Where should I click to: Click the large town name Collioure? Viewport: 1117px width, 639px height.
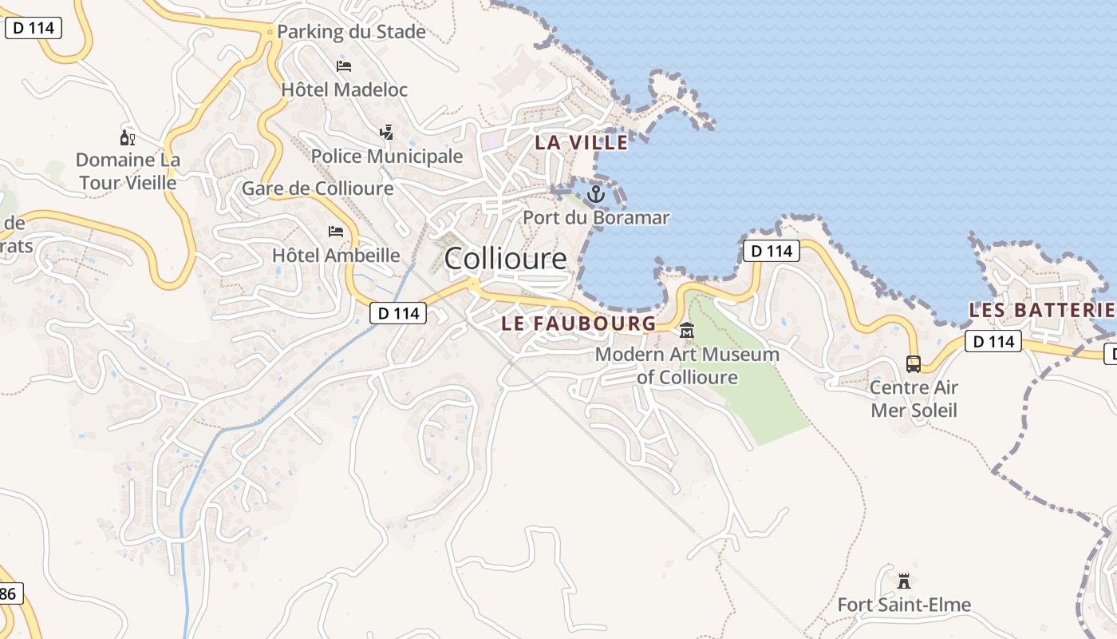tap(505, 259)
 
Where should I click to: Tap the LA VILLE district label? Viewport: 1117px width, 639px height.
tap(581, 143)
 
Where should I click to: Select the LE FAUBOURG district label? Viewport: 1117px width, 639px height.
tap(578, 323)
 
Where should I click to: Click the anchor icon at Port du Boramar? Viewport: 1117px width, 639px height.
tap(596, 194)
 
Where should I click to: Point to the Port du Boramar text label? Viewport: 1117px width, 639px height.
tap(596, 217)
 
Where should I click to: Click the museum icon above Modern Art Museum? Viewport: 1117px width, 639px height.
tap(686, 330)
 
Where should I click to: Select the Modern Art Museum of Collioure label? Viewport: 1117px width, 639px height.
tap(687, 365)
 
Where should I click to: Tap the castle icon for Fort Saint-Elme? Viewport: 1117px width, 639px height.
tap(904, 581)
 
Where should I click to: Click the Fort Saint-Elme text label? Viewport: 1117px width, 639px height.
tap(904, 605)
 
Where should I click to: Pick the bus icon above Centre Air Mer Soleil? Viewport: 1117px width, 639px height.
tap(914, 364)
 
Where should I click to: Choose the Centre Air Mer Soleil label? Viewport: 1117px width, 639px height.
tap(914, 399)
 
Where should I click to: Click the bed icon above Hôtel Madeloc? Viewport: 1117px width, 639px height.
tap(344, 65)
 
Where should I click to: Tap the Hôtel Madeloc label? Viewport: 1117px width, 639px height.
tap(344, 89)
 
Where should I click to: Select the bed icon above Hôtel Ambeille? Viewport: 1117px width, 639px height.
tap(336, 232)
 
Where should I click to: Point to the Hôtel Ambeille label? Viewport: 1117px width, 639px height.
tap(336, 256)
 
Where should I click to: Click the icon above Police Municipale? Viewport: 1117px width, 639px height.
tap(387, 132)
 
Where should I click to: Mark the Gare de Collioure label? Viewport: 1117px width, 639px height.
tap(318, 189)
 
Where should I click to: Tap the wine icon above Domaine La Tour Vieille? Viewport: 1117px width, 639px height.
tap(128, 137)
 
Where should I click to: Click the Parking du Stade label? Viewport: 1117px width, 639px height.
tap(351, 33)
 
